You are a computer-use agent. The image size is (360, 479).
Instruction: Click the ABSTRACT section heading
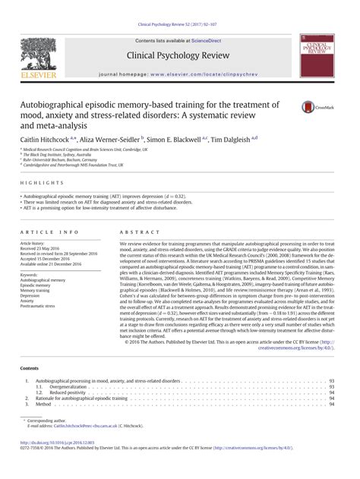pos(135,230)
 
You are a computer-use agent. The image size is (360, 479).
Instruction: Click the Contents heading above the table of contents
pos(30,368)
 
